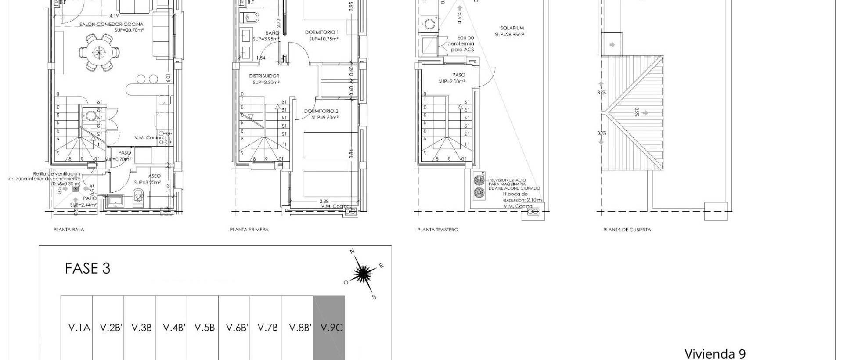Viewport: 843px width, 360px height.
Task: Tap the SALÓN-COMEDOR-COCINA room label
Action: coord(112,25)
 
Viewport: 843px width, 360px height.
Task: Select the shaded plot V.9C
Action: coord(328,328)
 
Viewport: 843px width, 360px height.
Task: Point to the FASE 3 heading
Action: coord(87,268)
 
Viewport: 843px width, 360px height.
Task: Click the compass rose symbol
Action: coord(362,274)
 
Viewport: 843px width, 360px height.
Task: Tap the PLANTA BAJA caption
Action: coord(68,230)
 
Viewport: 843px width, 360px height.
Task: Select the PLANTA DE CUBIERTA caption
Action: coord(627,230)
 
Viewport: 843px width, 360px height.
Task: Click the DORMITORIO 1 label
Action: coord(322,32)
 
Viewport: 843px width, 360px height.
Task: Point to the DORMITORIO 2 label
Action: coord(321,111)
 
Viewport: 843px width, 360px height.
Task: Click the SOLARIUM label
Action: coord(512,28)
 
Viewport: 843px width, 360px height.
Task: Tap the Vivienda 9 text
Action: coord(715,353)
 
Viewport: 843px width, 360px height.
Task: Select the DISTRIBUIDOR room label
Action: coord(264,76)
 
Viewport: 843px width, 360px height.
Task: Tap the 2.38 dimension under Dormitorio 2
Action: coord(324,202)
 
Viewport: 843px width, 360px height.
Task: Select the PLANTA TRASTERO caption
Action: coord(437,230)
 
